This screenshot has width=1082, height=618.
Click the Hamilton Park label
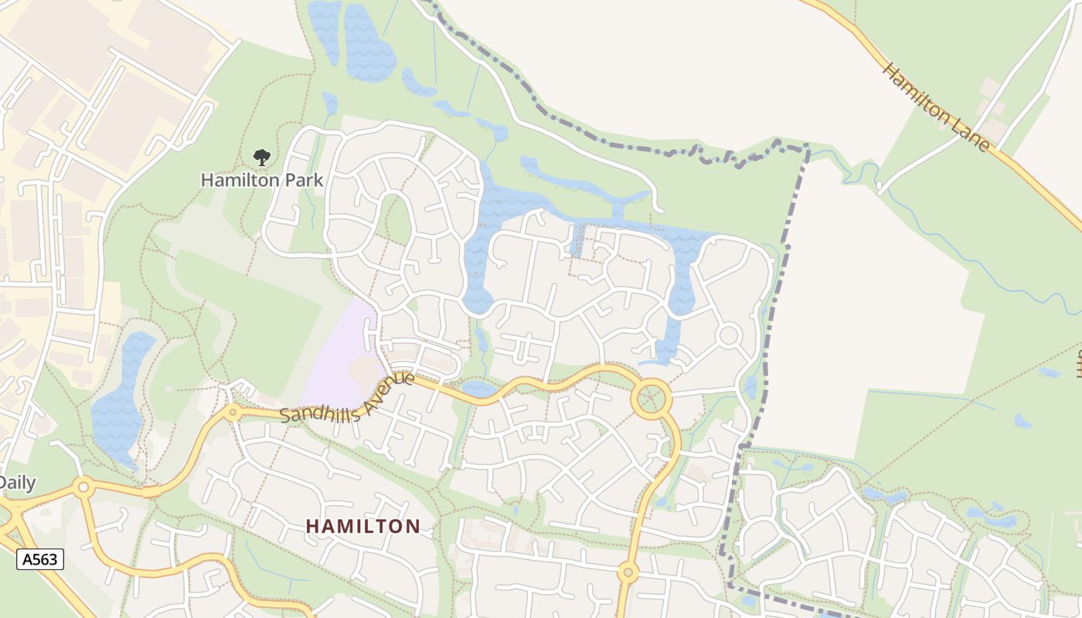(x=262, y=180)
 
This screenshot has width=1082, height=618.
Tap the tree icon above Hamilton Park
(x=262, y=158)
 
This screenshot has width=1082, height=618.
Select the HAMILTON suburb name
(x=362, y=526)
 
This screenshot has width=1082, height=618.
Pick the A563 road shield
(x=40, y=559)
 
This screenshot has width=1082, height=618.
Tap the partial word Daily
(x=17, y=483)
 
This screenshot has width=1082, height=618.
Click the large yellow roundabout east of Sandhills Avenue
(x=651, y=399)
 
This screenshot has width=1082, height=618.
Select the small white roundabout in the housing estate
(x=728, y=335)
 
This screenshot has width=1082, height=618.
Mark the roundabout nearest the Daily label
(x=83, y=487)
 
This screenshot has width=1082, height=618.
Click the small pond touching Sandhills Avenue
(x=478, y=389)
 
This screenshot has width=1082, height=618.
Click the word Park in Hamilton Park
(x=302, y=180)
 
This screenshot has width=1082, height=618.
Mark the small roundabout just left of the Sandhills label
(x=232, y=413)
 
